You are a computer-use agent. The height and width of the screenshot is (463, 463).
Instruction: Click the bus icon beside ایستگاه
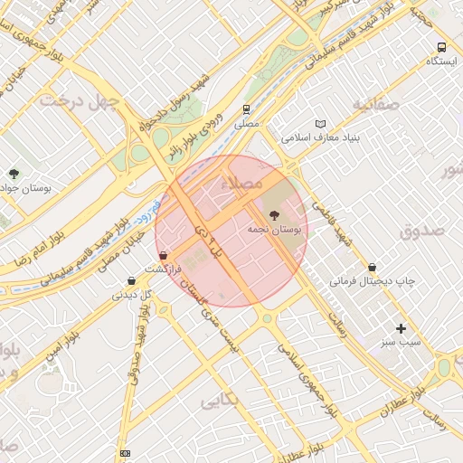(x=441, y=48)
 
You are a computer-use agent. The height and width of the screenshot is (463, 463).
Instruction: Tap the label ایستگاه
(x=440, y=61)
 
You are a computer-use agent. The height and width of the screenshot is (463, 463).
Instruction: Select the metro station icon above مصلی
(x=245, y=109)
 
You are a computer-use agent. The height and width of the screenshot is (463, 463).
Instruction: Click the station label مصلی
(x=246, y=122)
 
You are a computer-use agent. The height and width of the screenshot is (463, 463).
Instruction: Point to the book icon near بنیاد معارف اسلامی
(x=320, y=124)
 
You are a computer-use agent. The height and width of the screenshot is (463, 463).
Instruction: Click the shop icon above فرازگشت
(x=163, y=256)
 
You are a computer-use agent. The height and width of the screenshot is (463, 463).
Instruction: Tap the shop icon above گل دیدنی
(x=132, y=280)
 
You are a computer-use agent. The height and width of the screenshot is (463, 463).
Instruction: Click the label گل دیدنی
(x=130, y=294)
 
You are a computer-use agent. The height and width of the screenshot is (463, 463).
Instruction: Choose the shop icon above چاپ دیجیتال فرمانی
(x=370, y=267)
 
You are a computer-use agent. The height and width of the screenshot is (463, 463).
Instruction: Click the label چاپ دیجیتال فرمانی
(x=370, y=281)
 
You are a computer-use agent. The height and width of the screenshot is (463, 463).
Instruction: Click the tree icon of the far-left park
(x=14, y=173)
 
